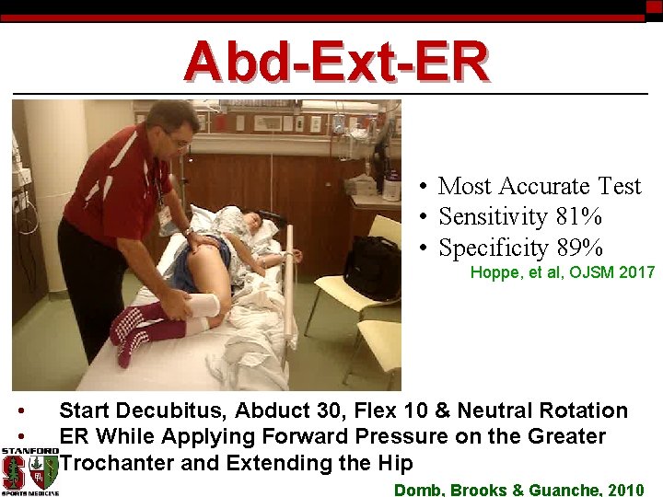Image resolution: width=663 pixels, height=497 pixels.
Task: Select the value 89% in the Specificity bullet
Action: pyautogui.click(x=579, y=248)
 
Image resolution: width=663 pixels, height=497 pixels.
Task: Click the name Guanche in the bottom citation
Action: pyautogui.click(x=561, y=490)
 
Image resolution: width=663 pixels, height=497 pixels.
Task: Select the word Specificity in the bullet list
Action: pyautogui.click(x=493, y=248)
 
